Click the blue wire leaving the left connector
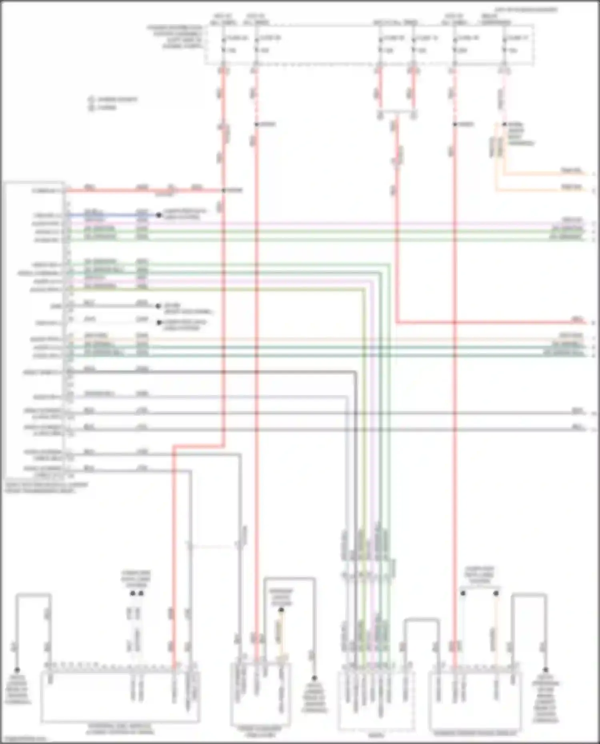pos(112,215)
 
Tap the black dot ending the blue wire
pos(159,215)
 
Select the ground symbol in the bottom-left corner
pos(17,670)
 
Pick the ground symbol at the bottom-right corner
pos(546,670)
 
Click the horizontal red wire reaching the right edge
pos(480,322)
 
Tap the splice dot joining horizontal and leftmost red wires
pos(224,190)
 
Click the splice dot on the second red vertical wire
pos(256,124)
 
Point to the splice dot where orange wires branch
pos(504,124)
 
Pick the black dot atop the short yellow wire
pos(281,610)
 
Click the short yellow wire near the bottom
pos(281,632)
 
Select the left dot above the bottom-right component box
pos(463,593)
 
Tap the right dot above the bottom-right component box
pos(496,593)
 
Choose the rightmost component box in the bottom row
pos(475,700)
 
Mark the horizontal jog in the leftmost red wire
pos(198,445)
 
